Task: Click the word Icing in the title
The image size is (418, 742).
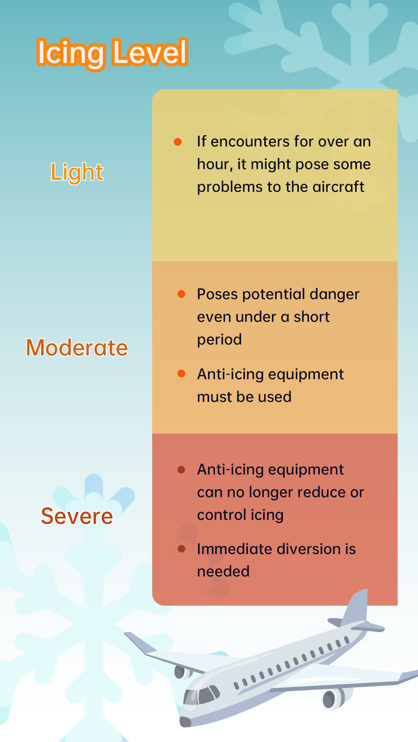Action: click(71, 54)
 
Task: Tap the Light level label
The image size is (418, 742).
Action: click(77, 172)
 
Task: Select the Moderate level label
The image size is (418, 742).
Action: click(77, 348)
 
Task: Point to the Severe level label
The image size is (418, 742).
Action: click(77, 516)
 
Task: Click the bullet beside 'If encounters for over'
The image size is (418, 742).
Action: click(178, 142)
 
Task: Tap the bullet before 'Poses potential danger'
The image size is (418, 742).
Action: click(181, 294)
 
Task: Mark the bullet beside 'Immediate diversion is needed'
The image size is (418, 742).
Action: click(181, 549)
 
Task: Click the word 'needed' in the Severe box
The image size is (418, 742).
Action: click(223, 571)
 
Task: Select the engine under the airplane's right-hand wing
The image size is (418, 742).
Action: click(333, 698)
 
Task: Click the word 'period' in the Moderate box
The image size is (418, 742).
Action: click(219, 340)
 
